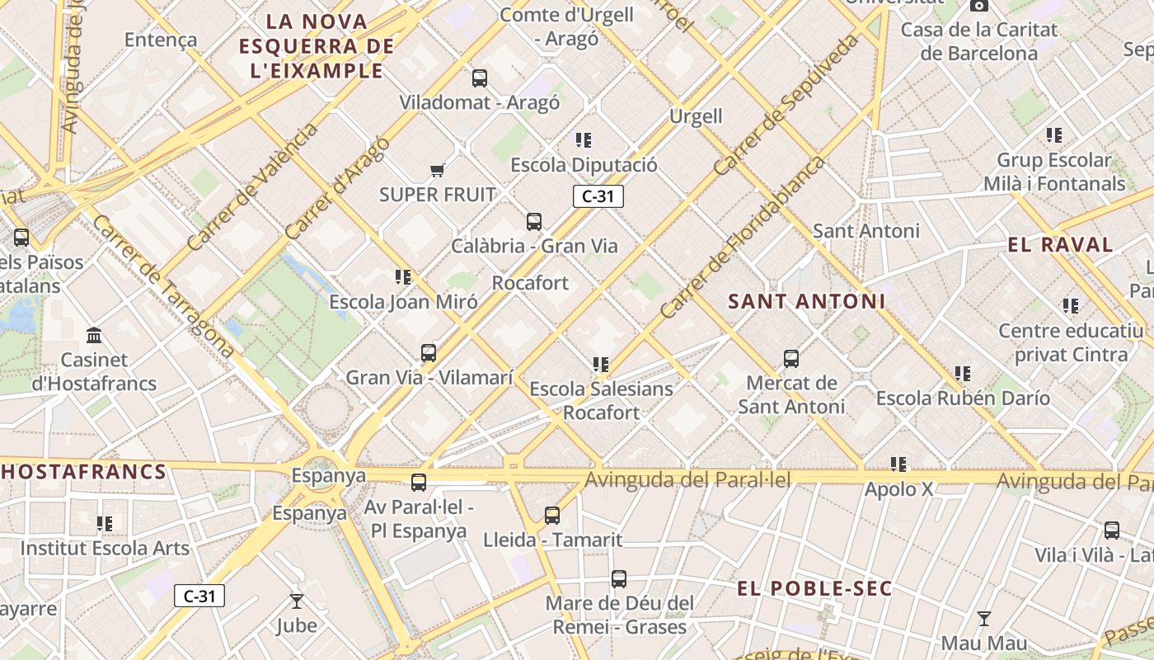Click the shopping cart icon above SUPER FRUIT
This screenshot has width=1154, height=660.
pos(437,171)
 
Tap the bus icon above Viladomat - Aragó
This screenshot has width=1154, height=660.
pos(479,78)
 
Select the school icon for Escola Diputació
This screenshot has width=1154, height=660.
pos(584,140)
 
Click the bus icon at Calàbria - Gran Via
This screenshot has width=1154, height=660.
pos(534,222)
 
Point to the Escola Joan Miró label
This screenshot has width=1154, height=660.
pos(403,302)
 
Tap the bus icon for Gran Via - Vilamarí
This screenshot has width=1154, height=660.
pos(429,353)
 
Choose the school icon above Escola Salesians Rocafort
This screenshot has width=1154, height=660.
pos(601,365)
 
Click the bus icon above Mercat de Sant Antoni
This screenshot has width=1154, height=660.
pos(791,359)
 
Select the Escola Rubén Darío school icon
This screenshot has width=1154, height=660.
pos(962,374)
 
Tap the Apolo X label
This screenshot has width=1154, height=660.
pos(898,489)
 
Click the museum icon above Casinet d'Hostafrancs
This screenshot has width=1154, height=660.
pos(94,336)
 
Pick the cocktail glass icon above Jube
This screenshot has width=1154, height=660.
pos(297,601)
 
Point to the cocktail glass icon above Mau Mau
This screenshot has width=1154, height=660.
pos(983,619)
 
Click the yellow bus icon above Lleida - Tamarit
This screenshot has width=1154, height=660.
pos(552,516)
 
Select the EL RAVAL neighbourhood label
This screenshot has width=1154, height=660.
pos(1060,245)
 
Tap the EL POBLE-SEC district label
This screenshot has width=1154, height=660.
pos(814,588)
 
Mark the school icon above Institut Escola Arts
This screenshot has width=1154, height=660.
pos(105,524)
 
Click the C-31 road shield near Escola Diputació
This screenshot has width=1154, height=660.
pos(598,196)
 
